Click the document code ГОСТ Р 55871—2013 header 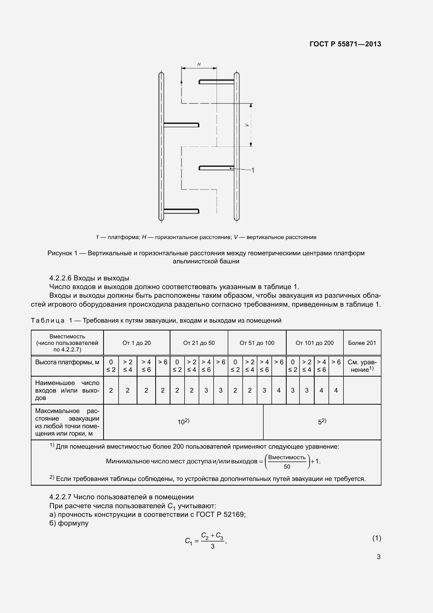click(345, 44)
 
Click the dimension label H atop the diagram click(199, 64)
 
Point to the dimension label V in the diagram click(247, 125)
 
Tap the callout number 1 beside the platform click(253, 170)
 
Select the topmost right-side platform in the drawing click(216, 82)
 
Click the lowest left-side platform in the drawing click(181, 211)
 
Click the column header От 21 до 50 click(199, 343)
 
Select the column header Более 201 click(362, 343)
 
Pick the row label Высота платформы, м click(67, 362)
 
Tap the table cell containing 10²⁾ click(183, 422)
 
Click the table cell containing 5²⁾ click(322, 422)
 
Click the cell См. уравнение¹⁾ click(362, 366)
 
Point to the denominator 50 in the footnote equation click(287, 467)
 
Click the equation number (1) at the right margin click(376, 538)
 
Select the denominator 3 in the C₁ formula click(213, 546)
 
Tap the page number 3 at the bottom click(378, 557)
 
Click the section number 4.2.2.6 click(60, 278)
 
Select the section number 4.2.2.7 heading click(60, 497)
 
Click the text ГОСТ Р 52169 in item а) click(220, 514)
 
